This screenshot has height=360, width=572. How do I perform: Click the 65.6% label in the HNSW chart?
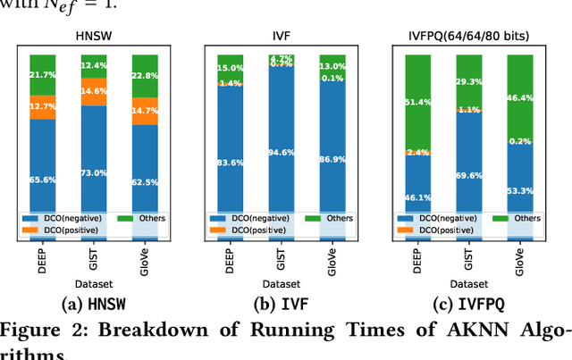(42, 180)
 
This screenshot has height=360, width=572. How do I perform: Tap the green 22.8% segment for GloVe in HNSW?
(145, 75)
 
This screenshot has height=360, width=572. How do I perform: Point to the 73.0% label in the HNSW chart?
(93, 172)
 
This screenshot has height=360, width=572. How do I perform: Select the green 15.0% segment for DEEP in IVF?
(230, 68)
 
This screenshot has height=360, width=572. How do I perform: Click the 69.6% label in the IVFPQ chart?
(468, 178)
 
